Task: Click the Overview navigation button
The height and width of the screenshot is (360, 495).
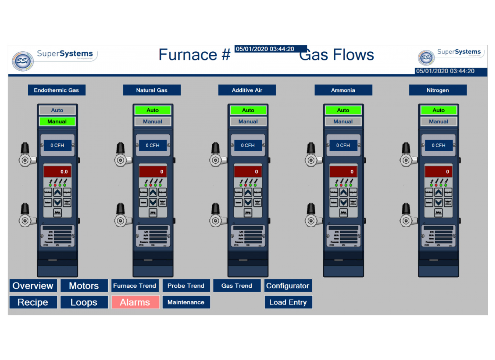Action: tap(33, 286)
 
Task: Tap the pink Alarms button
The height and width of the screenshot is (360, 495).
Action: tap(135, 302)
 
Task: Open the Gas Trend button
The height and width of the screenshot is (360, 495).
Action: tap(237, 286)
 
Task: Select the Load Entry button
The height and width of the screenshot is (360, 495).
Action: tap(288, 302)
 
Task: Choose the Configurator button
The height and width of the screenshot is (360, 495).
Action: tap(288, 286)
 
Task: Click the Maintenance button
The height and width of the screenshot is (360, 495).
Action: tap(186, 302)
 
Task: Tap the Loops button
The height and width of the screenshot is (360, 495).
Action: tap(84, 302)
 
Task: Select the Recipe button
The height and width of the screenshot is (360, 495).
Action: tap(33, 302)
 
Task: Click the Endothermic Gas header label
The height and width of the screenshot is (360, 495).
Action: tap(56, 90)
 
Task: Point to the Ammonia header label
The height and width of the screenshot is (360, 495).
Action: tap(343, 90)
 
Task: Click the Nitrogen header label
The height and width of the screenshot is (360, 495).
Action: tap(438, 90)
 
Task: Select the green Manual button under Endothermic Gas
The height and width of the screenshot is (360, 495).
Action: tap(57, 122)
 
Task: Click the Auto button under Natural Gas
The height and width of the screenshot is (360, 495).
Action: tap(153, 111)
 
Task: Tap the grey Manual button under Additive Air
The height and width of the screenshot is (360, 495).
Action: tap(248, 122)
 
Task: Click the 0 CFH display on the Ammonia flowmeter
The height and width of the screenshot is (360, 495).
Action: tap(343, 145)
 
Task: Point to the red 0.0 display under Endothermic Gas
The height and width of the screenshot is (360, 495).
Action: tap(57, 172)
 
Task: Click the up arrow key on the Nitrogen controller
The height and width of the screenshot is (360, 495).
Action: tap(439, 193)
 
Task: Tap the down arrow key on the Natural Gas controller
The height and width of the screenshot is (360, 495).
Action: tap(153, 203)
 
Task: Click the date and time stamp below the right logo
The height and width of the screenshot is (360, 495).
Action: tap(445, 71)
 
